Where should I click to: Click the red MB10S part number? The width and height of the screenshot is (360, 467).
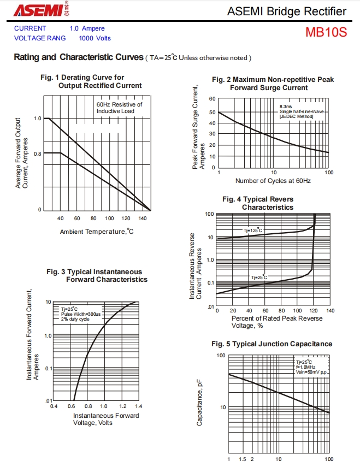click(326, 32)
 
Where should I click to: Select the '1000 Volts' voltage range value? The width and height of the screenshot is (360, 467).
click(95, 38)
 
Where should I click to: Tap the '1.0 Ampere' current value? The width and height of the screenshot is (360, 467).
click(87, 28)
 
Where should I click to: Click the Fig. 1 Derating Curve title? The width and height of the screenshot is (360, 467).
click(91, 81)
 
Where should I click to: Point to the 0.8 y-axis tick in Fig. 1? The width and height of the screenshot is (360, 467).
click(38, 154)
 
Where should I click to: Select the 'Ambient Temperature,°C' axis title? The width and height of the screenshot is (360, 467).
click(97, 232)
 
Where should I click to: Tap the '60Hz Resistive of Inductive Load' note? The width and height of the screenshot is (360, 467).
click(119, 108)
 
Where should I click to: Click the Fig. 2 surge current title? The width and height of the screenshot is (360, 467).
click(273, 84)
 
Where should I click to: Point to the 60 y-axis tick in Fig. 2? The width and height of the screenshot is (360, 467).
click(213, 99)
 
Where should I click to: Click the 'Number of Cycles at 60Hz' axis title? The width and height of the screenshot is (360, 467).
click(273, 181)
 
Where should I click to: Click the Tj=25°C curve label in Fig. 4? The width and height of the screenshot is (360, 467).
click(259, 277)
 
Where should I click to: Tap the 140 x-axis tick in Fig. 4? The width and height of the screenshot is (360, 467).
click(330, 311)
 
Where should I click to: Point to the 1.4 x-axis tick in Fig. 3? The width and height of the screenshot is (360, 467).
click(138, 407)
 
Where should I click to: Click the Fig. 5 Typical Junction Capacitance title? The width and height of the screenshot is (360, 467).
click(272, 344)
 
